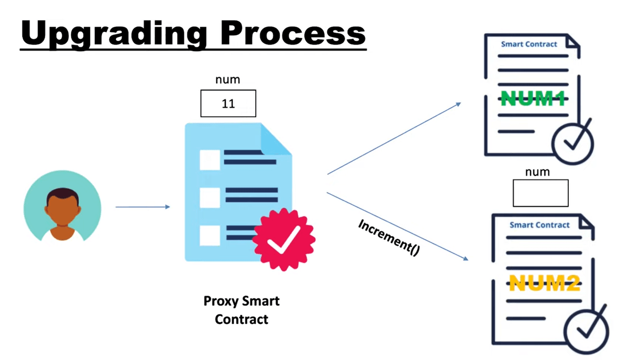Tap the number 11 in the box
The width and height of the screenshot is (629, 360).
coord(228,104)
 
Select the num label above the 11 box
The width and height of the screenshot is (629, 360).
coord(227,80)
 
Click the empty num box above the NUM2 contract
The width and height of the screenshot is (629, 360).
coord(540,193)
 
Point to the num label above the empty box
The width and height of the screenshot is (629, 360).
coord(537,172)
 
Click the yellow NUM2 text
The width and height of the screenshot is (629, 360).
coord(543,282)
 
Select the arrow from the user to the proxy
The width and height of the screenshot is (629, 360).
coord(143,207)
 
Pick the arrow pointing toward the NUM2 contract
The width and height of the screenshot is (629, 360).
coord(397,227)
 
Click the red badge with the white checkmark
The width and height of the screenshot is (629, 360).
coord(283,240)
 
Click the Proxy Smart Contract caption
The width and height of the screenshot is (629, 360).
coord(241,310)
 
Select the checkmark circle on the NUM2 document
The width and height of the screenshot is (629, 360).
coord(586,329)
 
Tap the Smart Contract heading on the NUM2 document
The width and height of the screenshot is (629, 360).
coord(539,225)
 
